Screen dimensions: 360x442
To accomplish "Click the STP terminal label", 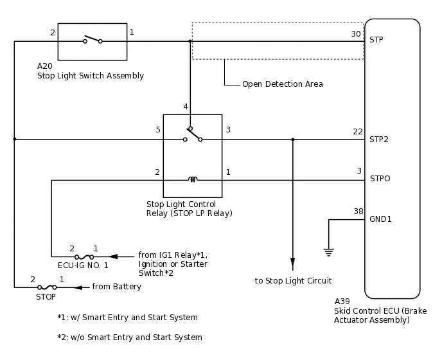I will pos(376,40).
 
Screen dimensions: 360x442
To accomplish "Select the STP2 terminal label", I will pos(379,139).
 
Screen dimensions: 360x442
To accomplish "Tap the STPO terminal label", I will pos(380,179).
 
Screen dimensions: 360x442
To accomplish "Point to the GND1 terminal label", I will pos(380,219).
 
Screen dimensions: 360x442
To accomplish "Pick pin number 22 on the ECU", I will pos(358,132).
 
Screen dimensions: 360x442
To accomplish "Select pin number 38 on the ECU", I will pos(358,212).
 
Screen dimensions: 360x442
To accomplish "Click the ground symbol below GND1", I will pos(329,252).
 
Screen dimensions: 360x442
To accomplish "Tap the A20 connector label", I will pos(45,66).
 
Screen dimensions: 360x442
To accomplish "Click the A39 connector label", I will pos(342,301).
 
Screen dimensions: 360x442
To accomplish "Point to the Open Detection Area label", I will pos(282,84).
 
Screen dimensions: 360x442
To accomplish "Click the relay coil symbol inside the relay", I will pos(193,179).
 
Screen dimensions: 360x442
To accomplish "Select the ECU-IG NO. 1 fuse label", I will pos(83,265).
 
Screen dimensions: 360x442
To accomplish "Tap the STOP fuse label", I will pos(46,297).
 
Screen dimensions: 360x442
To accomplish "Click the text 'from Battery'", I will pos(116,287).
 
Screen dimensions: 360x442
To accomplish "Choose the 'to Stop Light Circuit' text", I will pos(293,281).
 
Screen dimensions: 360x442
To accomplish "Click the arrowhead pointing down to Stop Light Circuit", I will pos(293,263).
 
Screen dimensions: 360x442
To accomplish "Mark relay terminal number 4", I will pos(186,107).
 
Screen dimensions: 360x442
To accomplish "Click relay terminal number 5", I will pos(158,130).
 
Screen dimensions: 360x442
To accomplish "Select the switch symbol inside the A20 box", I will pos(93,40).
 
